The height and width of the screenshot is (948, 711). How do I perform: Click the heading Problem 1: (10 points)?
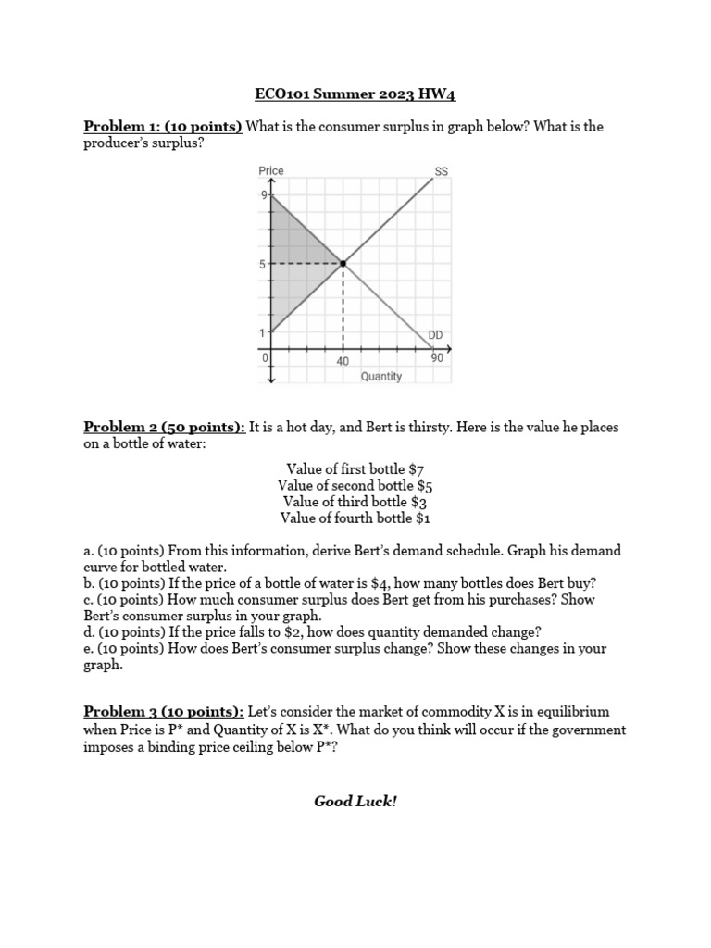tap(163, 127)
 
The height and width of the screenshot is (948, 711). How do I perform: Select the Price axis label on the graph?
tap(271, 171)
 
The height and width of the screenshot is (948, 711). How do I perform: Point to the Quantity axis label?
tap(381, 376)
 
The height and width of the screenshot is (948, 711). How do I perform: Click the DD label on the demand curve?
tap(436, 334)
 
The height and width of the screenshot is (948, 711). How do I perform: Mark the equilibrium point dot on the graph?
tap(343, 264)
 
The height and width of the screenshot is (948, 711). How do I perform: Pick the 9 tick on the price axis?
tap(263, 195)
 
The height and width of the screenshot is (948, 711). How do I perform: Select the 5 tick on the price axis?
tap(263, 264)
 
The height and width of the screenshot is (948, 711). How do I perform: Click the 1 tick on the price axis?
tap(262, 332)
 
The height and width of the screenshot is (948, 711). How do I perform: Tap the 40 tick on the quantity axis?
tap(343, 361)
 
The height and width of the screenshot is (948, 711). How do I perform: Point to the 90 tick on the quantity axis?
tap(437, 357)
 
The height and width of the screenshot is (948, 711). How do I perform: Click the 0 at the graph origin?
tap(265, 357)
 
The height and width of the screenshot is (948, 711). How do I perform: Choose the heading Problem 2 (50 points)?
tap(165, 427)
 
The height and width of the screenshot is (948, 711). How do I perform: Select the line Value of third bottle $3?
tap(355, 502)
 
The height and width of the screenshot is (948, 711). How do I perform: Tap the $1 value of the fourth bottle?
tap(422, 518)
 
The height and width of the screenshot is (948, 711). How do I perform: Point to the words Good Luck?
tap(355, 801)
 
